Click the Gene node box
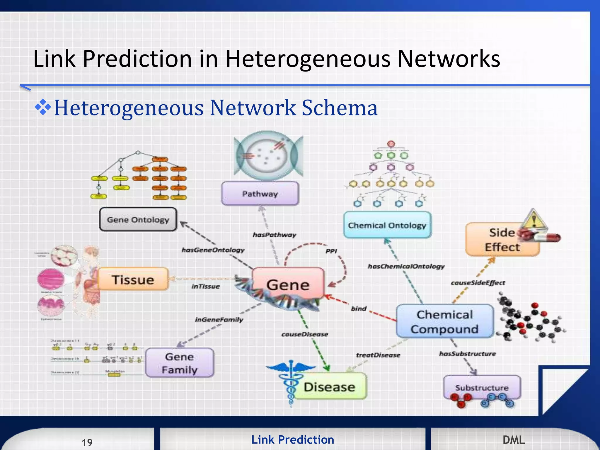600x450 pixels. [288, 283]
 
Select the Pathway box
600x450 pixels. [260, 194]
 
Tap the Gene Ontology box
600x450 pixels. [138, 219]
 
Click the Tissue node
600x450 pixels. [133, 279]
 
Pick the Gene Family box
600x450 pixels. [180, 363]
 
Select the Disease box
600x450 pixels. [330, 387]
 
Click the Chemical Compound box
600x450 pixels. [444, 321]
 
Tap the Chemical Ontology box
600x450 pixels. [387, 225]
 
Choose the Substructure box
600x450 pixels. [482, 387]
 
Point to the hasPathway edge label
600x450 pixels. [274, 235]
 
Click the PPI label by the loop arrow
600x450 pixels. [331, 251]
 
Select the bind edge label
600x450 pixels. [359, 308]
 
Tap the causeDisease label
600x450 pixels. [305, 334]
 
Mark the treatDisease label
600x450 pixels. [378, 355]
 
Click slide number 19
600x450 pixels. [87, 442]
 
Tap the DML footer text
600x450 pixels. [514, 440]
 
